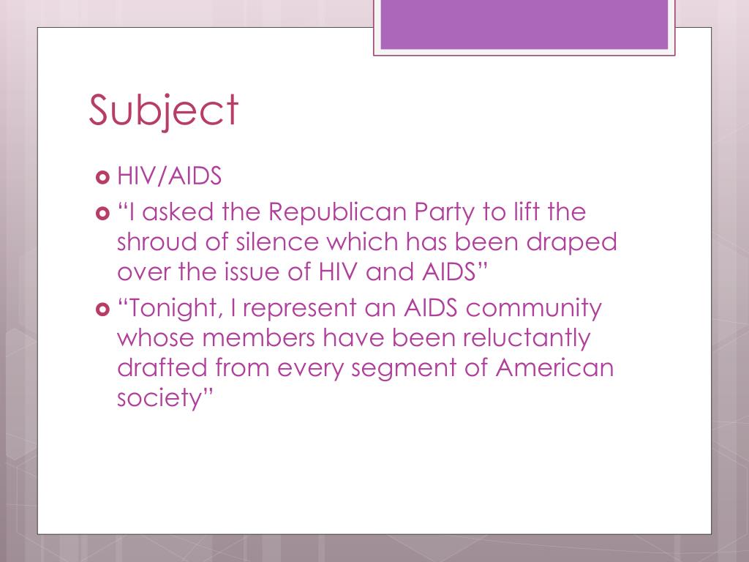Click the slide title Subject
click(x=164, y=110)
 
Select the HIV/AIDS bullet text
click(x=169, y=177)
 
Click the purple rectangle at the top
click(x=524, y=24)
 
